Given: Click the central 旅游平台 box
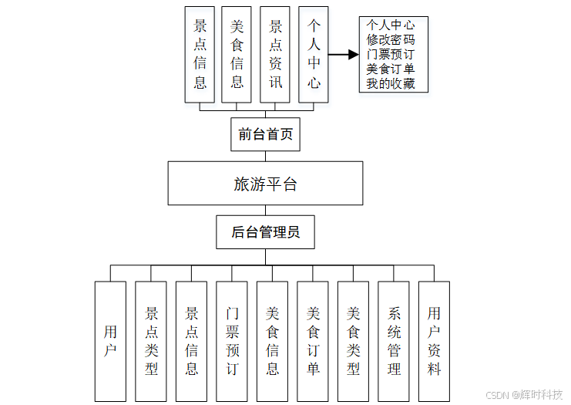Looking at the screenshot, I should pos(265,184).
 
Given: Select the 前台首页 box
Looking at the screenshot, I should pos(265,134).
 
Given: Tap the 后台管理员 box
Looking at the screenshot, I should pos(265,231).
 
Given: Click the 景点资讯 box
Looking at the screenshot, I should pos(275,54).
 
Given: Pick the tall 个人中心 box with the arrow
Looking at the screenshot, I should pos(314,54).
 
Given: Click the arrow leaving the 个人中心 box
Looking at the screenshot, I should pos(344,55).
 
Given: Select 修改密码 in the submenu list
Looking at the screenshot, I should pos(391,39).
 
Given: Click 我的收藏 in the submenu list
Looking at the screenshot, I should pos(391,83).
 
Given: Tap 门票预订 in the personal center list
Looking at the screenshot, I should pos(391,54).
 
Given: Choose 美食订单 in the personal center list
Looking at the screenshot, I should pos(391,69).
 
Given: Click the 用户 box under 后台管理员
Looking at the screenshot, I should pos(110,341).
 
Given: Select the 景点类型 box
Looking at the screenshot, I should pos(151,341).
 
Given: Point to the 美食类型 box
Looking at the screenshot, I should pos(353,341).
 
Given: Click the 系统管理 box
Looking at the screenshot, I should pos(394,341).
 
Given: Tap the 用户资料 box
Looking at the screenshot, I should pos(434,341).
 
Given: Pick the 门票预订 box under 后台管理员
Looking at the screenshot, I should pos(232,341).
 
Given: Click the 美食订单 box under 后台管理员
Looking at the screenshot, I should pos(313,341).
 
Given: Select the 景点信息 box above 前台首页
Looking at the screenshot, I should pos(200,54).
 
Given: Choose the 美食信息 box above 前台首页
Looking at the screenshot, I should pos(237,54).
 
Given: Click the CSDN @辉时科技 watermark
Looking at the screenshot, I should pos(524,394).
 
